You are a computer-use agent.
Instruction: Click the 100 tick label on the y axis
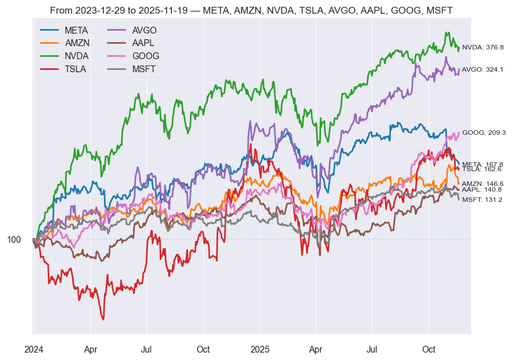pos(14,240)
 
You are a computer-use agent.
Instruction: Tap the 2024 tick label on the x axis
pos(34,349)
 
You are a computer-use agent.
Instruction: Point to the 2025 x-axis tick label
pos(260,349)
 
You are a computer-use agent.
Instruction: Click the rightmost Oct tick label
pos(429,349)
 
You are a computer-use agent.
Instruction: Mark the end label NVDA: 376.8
pos(482,48)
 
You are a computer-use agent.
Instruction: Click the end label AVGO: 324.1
pos(482,69)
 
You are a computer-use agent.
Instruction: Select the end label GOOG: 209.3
pos(484,133)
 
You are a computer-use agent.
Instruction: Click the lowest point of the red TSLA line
pos(103,319)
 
